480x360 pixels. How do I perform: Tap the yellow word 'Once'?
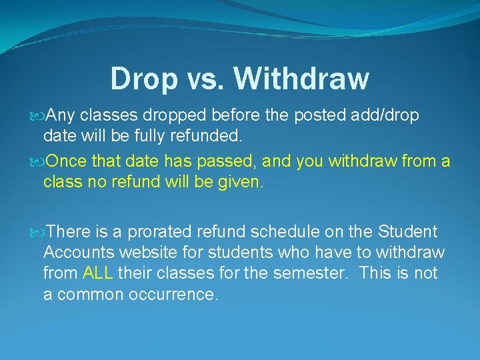(x=69, y=161)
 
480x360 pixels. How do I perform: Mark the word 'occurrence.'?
(x=171, y=294)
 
